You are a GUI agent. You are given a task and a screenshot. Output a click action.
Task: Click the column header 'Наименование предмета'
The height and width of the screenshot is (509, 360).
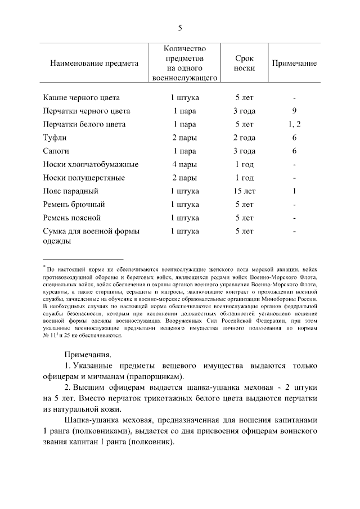(94, 64)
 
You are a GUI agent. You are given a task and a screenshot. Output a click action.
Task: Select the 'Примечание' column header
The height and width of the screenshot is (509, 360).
(294, 64)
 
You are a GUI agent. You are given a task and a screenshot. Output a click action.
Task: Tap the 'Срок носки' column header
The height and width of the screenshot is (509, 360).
(245, 64)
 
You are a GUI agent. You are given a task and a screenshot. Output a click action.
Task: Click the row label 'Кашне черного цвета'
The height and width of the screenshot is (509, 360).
(81, 97)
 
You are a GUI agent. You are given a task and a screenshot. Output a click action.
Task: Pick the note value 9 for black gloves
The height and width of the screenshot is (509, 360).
(294, 111)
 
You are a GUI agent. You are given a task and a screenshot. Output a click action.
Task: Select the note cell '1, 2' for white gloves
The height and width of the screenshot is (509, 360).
(294, 124)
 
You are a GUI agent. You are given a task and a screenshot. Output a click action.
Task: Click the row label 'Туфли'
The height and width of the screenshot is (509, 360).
(55, 138)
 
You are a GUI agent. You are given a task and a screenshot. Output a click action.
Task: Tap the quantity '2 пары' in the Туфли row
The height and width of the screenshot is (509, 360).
(184, 138)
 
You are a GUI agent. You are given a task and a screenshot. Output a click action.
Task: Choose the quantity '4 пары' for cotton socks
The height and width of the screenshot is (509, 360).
(184, 165)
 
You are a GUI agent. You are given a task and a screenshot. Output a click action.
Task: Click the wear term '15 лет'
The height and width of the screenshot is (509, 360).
(245, 191)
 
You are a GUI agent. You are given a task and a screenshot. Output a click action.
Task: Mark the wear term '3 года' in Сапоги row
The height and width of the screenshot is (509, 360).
(245, 151)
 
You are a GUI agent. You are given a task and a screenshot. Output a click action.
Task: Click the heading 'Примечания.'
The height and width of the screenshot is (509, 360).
(88, 355)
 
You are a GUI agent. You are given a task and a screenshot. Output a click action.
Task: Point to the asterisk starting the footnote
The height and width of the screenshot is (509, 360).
(44, 267)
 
